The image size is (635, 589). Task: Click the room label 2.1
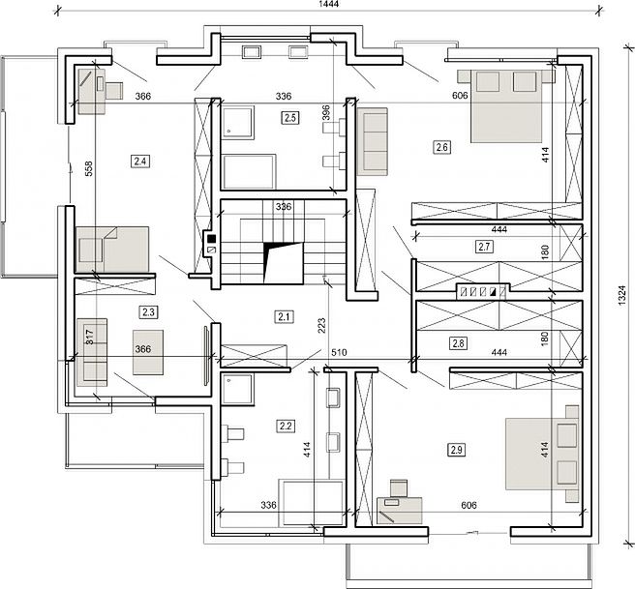click(284, 316)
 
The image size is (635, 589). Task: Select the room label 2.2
click(286, 426)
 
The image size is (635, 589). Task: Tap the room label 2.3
click(149, 312)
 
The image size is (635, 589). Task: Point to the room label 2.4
click(140, 162)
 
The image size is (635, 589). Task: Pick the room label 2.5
click(290, 118)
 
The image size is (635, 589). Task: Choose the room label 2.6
click(441, 147)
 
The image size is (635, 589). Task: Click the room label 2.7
click(484, 247)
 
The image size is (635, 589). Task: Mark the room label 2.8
click(459, 343)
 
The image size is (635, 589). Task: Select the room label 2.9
click(457, 450)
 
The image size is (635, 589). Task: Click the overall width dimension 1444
click(329, 4)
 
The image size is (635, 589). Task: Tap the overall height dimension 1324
click(622, 296)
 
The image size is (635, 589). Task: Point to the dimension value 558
click(89, 168)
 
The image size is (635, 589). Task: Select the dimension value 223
click(321, 326)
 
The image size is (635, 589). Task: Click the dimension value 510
click(339, 352)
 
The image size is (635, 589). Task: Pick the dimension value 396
click(326, 113)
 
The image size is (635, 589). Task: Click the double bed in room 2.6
click(505, 106)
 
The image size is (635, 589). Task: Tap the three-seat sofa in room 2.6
click(372, 141)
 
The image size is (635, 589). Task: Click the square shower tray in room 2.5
click(238, 123)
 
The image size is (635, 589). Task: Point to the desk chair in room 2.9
click(399, 488)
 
